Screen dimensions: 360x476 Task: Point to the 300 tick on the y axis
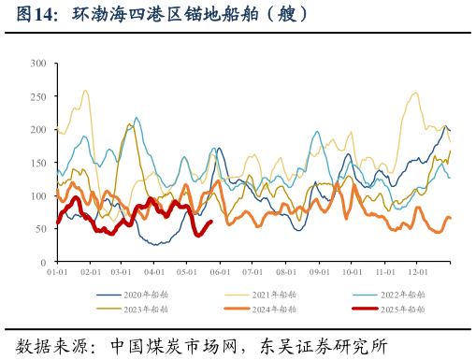38,64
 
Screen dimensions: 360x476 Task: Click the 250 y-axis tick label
38,97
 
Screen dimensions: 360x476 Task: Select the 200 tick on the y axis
38,130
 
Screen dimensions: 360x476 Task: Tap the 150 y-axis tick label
38,163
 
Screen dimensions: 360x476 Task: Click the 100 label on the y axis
38,196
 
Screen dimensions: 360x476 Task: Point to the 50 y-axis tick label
41,229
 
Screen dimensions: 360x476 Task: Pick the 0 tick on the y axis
44,262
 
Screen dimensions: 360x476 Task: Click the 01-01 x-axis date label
57,272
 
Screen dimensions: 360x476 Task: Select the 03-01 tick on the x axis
121,272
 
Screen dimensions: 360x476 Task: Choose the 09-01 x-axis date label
319,272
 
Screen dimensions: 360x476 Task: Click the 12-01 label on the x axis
417,272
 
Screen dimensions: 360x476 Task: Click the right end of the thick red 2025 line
211,222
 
